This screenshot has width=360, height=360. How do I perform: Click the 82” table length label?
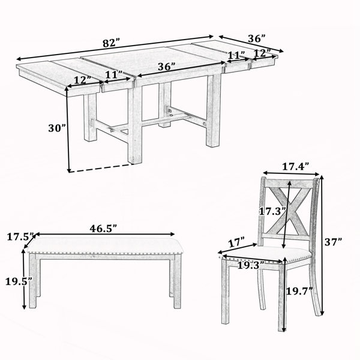pyautogui.click(x=112, y=43)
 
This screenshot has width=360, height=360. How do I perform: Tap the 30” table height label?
pyautogui.click(x=57, y=128)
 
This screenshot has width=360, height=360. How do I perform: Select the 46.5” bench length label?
pyautogui.click(x=103, y=228)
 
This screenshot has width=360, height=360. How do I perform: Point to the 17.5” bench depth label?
pyautogui.click(x=20, y=236)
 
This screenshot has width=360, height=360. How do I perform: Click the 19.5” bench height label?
pyautogui.click(x=19, y=281)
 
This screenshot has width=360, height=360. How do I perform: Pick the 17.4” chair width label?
pyautogui.click(x=295, y=166)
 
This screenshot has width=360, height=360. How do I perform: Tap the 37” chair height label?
pyautogui.click(x=333, y=242)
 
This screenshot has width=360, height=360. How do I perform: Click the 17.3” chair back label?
pyautogui.click(x=272, y=211)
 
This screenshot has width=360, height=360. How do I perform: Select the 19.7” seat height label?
pyautogui.click(x=299, y=291)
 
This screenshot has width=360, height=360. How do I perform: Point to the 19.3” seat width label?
pyautogui.click(x=251, y=266)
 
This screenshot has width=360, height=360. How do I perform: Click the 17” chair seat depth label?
pyautogui.click(x=237, y=242)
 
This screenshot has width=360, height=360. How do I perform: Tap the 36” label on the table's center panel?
pyautogui.click(x=167, y=67)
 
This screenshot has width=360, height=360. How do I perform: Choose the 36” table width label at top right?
pyautogui.click(x=257, y=38)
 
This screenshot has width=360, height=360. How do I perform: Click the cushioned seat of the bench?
pyautogui.click(x=105, y=245)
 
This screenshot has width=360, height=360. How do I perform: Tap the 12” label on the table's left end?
pyautogui.click(x=83, y=80)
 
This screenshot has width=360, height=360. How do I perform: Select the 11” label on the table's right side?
pyautogui.click(x=236, y=55)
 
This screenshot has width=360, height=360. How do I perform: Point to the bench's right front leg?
pyautogui.click(x=177, y=281)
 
